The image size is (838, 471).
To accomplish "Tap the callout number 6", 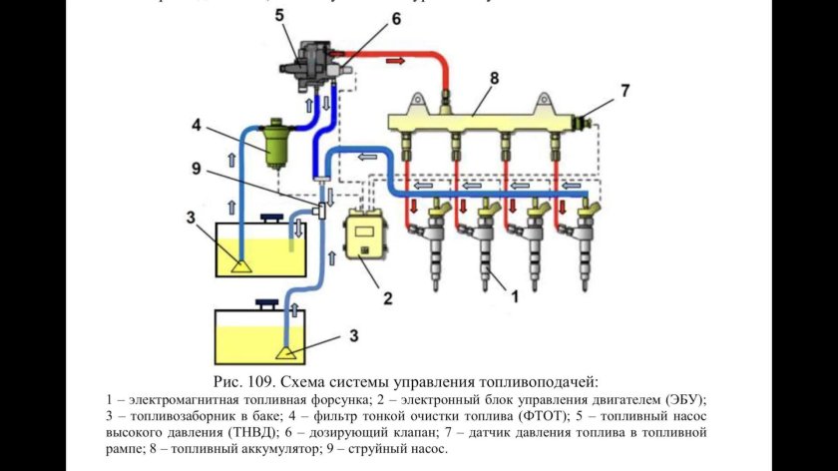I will tap(368, 18).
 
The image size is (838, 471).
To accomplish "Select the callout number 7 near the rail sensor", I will tap(626, 91).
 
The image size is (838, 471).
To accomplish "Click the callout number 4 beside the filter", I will tap(198, 126).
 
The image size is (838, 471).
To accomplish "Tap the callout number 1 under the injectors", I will tap(515, 295).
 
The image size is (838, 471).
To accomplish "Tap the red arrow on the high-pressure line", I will tap(396, 61).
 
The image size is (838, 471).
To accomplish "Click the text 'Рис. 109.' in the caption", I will tap(245, 382).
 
